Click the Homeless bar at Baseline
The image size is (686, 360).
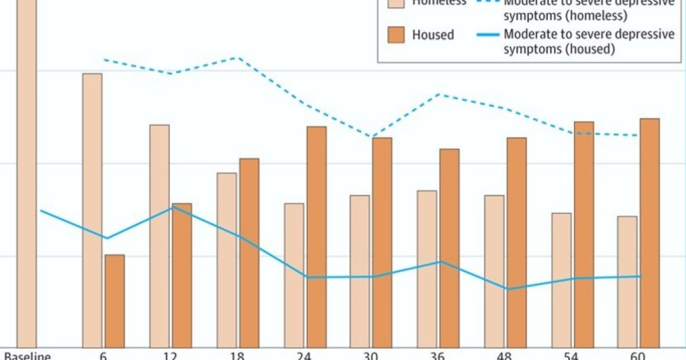click(x=26, y=171)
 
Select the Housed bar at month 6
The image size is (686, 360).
click(x=114, y=301)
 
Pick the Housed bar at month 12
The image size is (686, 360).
click(x=182, y=275)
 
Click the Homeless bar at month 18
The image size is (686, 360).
click(x=226, y=259)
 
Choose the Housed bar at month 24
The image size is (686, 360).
click(x=317, y=237)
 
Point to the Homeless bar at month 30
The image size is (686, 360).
click(x=360, y=271)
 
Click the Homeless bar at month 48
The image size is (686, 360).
click(x=494, y=271)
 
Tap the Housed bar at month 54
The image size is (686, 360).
click(x=584, y=234)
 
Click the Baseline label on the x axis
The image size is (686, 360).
click(x=27, y=355)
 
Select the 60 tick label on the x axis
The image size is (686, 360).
click(x=639, y=355)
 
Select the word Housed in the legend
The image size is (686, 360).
click(x=433, y=35)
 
